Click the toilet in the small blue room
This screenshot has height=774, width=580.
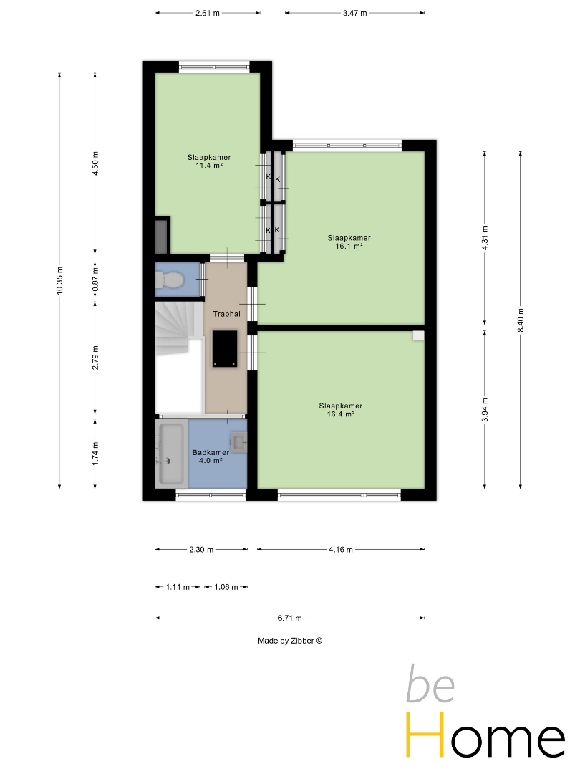click(x=169, y=280)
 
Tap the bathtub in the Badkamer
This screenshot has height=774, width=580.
click(x=170, y=453)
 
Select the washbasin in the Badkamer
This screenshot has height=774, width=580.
click(x=238, y=441)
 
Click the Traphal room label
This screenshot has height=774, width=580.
click(x=227, y=314)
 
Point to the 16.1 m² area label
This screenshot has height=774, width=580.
click(x=349, y=246)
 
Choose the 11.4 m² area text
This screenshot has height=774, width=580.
click(x=209, y=166)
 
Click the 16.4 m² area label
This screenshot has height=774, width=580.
click(x=341, y=414)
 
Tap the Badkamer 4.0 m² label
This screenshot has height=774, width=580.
click(x=211, y=457)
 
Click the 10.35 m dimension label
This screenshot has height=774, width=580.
click(x=59, y=280)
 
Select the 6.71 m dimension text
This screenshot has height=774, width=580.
click(x=289, y=618)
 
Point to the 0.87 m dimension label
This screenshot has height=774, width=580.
click(x=96, y=279)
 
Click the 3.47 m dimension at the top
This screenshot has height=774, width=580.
click(x=355, y=14)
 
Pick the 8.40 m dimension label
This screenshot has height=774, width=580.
click(x=521, y=320)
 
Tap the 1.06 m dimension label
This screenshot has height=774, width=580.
click(x=226, y=588)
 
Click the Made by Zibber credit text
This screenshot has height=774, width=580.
click(x=290, y=641)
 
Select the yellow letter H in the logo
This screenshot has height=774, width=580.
click(x=425, y=735)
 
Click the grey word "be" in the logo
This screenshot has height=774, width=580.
click(x=430, y=684)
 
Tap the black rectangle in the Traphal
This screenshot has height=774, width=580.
click(x=225, y=348)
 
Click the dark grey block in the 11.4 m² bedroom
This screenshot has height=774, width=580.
click(x=161, y=237)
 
